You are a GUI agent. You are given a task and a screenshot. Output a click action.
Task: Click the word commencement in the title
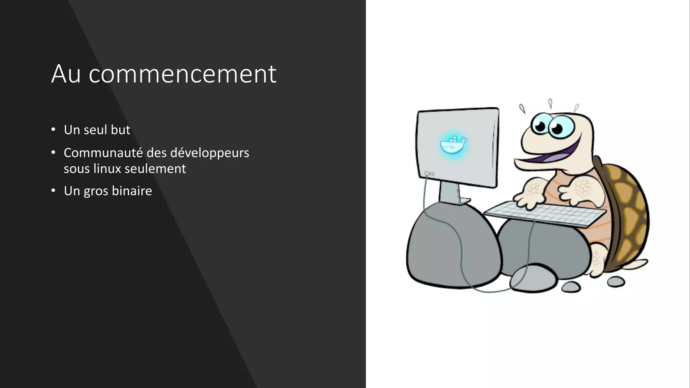tap(182, 74)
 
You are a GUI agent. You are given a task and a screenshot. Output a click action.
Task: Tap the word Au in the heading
tap(66, 74)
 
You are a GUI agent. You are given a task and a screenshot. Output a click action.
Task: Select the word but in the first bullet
tap(120, 130)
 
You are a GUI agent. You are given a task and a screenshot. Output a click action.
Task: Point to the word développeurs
tap(210, 153)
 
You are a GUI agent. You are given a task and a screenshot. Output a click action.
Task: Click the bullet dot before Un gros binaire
tap(53, 191)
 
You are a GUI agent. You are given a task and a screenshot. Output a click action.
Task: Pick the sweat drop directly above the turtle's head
tap(550, 103)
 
